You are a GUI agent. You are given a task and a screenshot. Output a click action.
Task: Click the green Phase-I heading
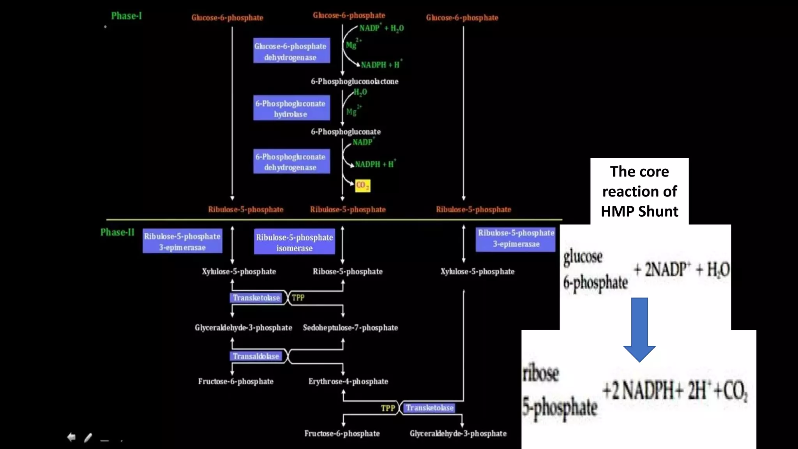(x=126, y=16)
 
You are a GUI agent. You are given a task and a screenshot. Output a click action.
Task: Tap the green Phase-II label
(x=117, y=232)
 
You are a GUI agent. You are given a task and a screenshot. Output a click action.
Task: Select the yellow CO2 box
(x=362, y=186)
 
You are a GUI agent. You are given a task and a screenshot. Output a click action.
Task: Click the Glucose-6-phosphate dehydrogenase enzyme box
(x=291, y=51)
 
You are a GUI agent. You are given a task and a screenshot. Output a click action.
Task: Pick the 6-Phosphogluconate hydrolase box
(x=291, y=108)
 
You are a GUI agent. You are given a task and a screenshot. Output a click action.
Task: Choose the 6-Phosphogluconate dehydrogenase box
(x=291, y=161)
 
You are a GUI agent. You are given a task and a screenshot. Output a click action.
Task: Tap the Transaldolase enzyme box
(x=256, y=356)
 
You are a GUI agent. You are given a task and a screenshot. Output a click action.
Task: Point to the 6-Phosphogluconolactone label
(x=354, y=81)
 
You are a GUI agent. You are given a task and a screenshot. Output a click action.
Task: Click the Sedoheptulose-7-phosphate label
(x=350, y=328)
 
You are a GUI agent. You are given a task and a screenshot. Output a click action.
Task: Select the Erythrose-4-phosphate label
(x=348, y=382)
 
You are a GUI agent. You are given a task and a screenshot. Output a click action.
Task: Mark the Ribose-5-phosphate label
(x=348, y=272)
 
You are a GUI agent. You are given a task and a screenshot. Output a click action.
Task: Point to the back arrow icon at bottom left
(x=71, y=437)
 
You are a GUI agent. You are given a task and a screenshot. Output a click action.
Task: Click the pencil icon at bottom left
(x=88, y=438)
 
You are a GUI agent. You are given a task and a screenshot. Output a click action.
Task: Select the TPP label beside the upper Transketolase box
(x=298, y=298)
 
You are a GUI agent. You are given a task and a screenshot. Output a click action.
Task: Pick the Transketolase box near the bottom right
(x=429, y=408)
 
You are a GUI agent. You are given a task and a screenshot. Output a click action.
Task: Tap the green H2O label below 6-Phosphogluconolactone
(x=360, y=92)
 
